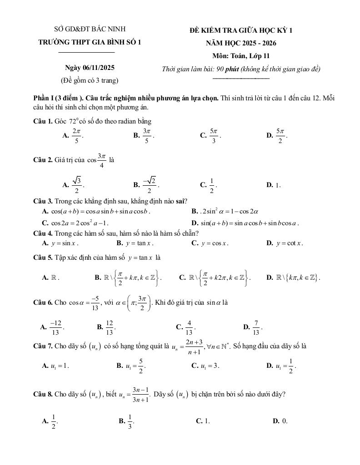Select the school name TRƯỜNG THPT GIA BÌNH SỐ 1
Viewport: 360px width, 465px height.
point(90,42)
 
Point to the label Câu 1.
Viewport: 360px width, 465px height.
point(43,121)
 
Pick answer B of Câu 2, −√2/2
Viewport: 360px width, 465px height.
point(150,184)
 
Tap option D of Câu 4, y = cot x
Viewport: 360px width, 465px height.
point(289,243)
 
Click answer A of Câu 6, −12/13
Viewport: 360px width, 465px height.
point(55,326)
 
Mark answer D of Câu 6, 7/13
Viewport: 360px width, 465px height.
point(256,326)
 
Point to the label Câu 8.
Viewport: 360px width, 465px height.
point(43,394)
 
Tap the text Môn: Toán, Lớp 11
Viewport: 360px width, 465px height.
point(241,56)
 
